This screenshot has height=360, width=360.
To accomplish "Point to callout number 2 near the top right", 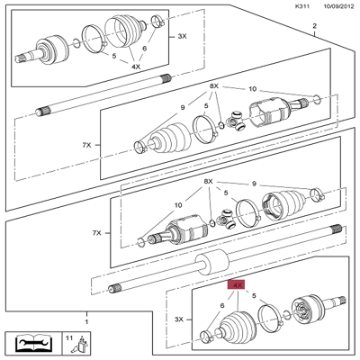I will point(314,27).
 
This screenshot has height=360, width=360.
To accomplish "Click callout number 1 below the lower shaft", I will point(86,320).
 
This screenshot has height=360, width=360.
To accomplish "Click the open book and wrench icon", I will point(33,343).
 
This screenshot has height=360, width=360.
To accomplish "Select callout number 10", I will point(252,89).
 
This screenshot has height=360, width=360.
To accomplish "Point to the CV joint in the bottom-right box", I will point(310,315).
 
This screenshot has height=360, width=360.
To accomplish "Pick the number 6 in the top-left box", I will point(145,49).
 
